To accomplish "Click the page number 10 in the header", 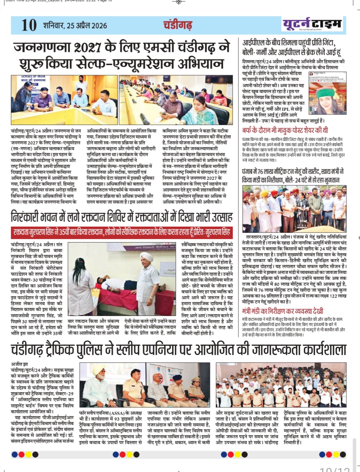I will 29,25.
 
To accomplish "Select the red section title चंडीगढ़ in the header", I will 177,25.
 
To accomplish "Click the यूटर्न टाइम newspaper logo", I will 312,25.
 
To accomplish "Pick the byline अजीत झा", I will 19,364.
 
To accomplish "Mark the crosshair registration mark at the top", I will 179,2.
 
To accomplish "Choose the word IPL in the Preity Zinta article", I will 286,109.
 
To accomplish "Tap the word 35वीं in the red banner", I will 64,232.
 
